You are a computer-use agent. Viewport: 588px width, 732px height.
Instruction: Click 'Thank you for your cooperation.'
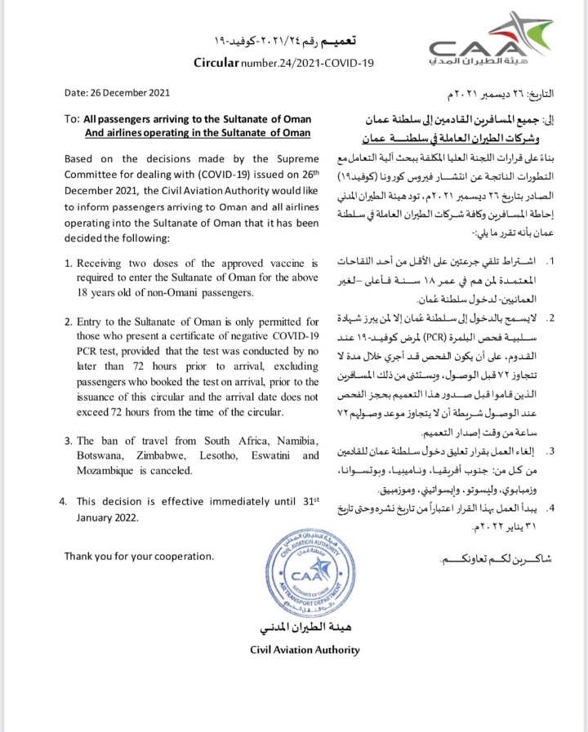[140, 557]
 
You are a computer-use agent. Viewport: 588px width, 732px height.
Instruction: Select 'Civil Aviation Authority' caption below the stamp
[304, 650]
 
